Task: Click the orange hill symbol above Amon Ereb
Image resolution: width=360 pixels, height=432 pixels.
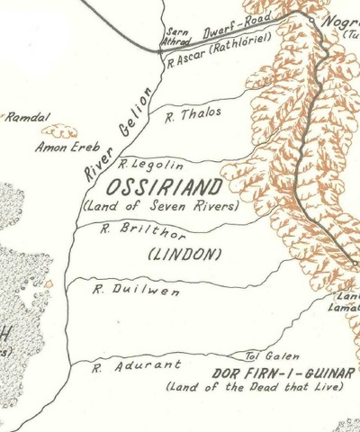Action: pos(59,130)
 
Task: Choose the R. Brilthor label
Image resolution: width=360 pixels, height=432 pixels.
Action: pos(130,229)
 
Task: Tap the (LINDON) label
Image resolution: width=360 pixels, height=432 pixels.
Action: pos(184,255)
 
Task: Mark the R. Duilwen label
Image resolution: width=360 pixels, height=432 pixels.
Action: pos(124,291)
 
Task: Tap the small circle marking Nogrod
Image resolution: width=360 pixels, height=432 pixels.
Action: pos(311,19)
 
